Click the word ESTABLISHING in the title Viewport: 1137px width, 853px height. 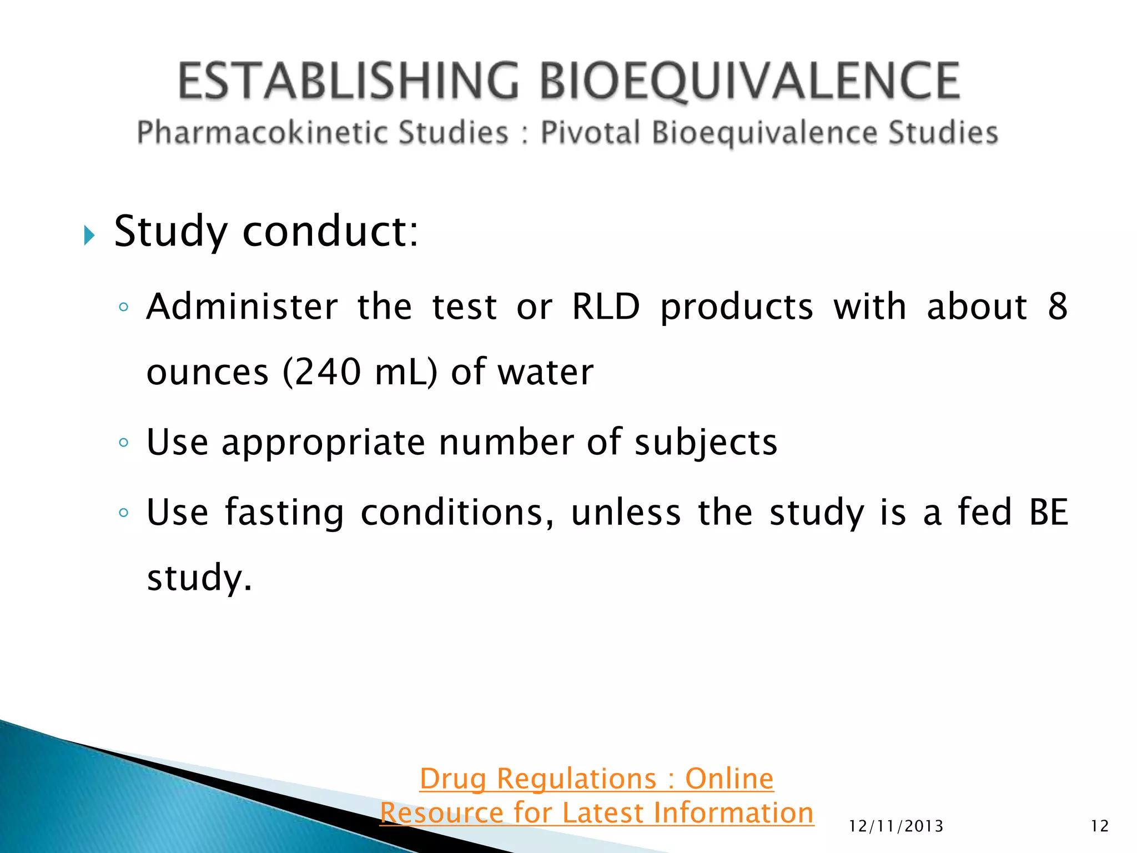point(349,81)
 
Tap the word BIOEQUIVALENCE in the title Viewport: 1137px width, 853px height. point(749,81)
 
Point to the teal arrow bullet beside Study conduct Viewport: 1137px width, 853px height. point(89,235)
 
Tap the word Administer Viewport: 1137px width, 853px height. point(242,307)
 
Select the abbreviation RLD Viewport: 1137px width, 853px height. point(606,307)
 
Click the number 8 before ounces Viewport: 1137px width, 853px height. point(1057,307)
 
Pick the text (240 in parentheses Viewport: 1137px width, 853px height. point(321,372)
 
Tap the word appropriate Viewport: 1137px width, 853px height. point(323,443)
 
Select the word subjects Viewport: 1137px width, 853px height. point(706,443)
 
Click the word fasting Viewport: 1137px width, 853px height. point(284,512)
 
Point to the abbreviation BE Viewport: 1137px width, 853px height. point(1048,512)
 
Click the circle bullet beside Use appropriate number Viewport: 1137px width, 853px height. point(124,443)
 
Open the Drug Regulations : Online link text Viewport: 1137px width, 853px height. point(596,779)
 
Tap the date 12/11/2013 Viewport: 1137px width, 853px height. point(896,826)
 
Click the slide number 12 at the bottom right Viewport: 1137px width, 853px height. point(1099,826)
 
